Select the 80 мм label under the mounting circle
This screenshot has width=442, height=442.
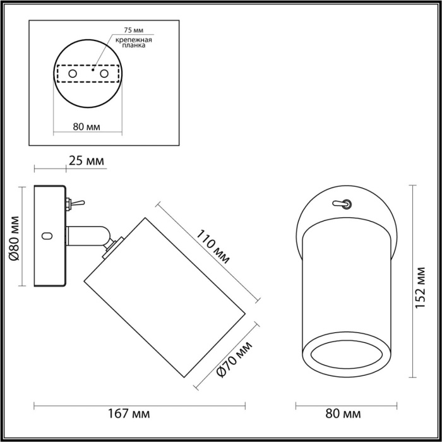pyautogui.click(x=87, y=126)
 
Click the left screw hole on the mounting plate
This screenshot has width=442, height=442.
pyautogui.click(x=73, y=74)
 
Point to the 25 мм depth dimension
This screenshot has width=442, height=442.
pyautogui.click(x=85, y=162)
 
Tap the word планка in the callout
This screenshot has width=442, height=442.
pyautogui.click(x=134, y=45)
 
